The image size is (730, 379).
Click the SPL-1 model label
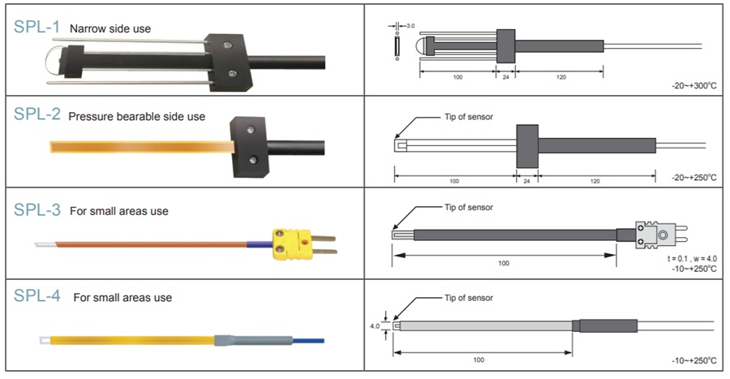[x=36, y=26]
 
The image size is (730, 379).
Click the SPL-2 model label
[x=36, y=114]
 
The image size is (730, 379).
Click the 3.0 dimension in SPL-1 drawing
[x=410, y=26]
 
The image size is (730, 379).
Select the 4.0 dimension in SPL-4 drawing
[x=374, y=327]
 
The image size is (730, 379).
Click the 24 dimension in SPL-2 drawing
[x=527, y=180]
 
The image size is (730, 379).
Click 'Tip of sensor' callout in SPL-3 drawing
[x=468, y=207]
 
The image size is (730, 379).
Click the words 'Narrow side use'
[x=110, y=28]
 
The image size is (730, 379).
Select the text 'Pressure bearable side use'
[x=136, y=116]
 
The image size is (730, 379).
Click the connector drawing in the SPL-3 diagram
[x=661, y=235]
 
